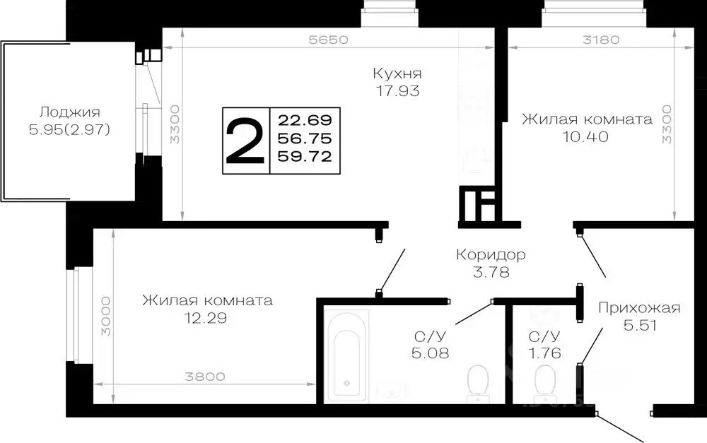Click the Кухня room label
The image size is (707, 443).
click(x=398, y=73)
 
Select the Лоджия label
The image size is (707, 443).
click(x=69, y=112)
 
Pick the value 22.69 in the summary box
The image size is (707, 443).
click(x=305, y=118)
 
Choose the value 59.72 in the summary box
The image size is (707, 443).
click(x=305, y=156)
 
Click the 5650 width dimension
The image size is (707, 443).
click(x=329, y=40)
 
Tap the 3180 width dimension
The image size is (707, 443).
click(x=600, y=40)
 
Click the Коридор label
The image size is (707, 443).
click(x=491, y=254)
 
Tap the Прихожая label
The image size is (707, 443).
click(x=638, y=307)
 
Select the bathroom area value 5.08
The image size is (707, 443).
click(x=429, y=353)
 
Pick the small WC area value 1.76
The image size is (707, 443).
click(x=544, y=353)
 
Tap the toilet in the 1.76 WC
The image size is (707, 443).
click(x=544, y=382)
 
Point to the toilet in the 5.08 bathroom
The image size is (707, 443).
click(x=479, y=382)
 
